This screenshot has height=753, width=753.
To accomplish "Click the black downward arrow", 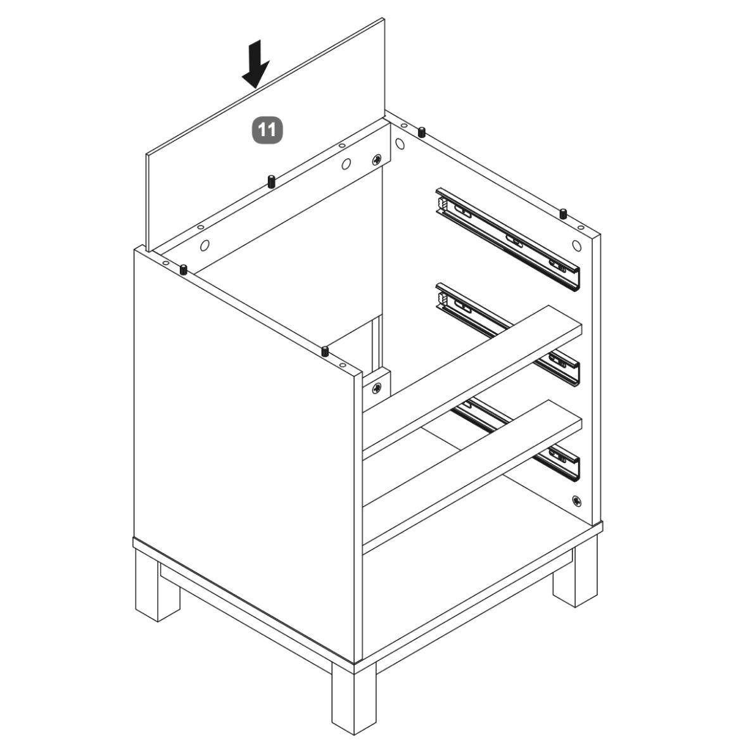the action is click(255, 65).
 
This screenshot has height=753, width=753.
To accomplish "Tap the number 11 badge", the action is click(267, 130).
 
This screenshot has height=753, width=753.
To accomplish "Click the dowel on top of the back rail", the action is click(271, 182).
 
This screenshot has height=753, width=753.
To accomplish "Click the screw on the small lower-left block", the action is click(377, 387).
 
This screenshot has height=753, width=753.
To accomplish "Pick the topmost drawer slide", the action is click(508, 239).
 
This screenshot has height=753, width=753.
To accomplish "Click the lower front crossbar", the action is click(472, 475).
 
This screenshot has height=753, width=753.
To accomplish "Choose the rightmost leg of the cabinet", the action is click(575, 571).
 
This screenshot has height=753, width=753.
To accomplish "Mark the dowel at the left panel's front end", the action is click(325, 351).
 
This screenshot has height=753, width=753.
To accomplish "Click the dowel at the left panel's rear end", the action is click(184, 269).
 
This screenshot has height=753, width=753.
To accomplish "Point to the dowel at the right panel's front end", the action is click(563, 213).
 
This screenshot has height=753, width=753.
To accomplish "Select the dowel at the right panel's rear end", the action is click(422, 132).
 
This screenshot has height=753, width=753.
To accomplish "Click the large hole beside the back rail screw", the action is click(346, 165).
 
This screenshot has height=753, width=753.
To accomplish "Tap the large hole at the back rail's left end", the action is click(205, 245).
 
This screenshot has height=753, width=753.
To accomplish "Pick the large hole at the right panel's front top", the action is click(577, 245).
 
